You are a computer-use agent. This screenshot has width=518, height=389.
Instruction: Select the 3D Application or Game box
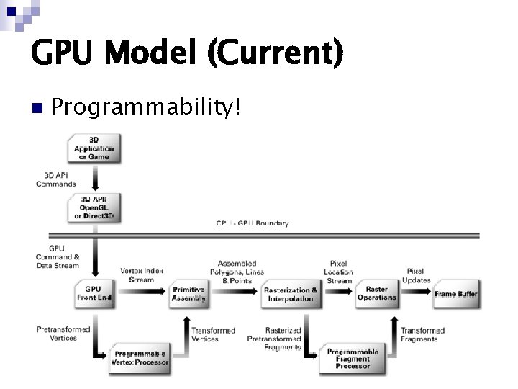[x=94, y=148]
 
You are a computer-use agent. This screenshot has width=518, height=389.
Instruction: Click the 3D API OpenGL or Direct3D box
[x=94, y=207]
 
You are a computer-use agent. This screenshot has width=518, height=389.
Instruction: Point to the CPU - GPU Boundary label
[x=253, y=223]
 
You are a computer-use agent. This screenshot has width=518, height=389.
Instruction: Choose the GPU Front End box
[x=94, y=293]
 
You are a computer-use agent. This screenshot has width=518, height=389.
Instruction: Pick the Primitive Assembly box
[x=188, y=293]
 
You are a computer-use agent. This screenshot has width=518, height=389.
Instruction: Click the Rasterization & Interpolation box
[x=291, y=294]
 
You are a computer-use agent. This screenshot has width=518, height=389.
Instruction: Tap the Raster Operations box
[x=376, y=293]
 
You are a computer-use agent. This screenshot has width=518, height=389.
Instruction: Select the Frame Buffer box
[x=456, y=293]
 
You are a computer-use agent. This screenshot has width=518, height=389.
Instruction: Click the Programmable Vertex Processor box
[x=140, y=358]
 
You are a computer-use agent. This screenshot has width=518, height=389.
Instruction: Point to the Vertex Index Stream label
[x=141, y=275]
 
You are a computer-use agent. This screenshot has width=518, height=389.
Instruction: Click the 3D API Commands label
[x=56, y=179]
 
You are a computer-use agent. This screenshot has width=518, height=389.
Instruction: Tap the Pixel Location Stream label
[x=339, y=272]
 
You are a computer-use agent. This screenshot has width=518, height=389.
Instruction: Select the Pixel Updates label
[x=417, y=276]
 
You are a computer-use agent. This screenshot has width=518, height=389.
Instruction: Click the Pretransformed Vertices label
[x=63, y=334]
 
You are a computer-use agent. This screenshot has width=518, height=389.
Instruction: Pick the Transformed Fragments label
[x=422, y=334]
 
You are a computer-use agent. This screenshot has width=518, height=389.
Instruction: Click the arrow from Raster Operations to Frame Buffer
[x=417, y=293]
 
